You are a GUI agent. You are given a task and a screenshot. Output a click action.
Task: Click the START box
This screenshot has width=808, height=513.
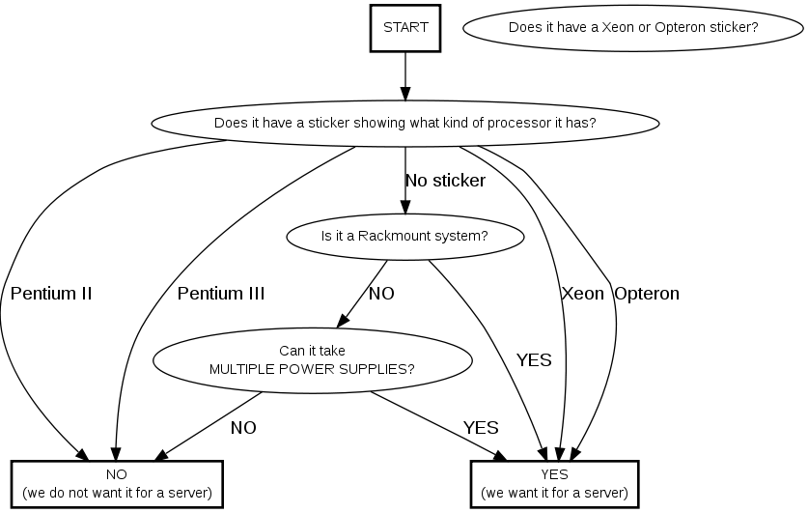click(404, 27)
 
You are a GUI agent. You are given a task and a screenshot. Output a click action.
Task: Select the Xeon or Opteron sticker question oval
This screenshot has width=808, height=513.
click(633, 27)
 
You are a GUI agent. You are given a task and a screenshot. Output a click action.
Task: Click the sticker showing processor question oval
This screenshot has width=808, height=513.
click(404, 124)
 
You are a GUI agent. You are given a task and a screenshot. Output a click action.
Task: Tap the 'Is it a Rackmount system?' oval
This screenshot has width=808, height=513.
click(404, 236)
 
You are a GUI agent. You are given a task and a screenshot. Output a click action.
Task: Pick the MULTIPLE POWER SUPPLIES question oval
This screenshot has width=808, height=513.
click(313, 359)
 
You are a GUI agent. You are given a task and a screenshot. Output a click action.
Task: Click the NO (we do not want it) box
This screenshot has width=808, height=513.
click(117, 483)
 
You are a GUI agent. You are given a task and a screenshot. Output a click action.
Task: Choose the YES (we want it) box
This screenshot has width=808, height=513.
click(554, 483)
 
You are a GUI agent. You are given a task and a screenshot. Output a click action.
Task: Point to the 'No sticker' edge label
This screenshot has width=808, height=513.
click(445, 181)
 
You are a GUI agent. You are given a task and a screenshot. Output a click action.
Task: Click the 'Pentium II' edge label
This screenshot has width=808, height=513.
click(51, 293)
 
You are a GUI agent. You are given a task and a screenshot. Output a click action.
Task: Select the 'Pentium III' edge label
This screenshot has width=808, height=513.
click(221, 293)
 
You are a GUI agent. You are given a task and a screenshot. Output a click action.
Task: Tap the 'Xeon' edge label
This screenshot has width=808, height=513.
click(582, 293)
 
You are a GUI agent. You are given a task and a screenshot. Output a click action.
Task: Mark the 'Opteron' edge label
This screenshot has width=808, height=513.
click(647, 293)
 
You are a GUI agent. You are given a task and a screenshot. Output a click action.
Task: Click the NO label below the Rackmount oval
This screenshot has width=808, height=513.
click(381, 293)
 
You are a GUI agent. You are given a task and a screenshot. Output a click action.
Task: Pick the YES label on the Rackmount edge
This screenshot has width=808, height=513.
click(534, 360)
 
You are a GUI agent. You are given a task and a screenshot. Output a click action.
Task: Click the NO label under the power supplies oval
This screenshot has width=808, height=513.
click(243, 427)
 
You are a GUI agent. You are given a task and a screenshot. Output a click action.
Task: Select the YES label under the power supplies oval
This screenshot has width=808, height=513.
click(481, 427)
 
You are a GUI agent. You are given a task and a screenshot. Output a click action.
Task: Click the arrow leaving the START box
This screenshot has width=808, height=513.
click(404, 75)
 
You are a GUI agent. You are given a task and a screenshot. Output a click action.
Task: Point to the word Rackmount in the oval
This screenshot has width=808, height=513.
click(389, 236)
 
